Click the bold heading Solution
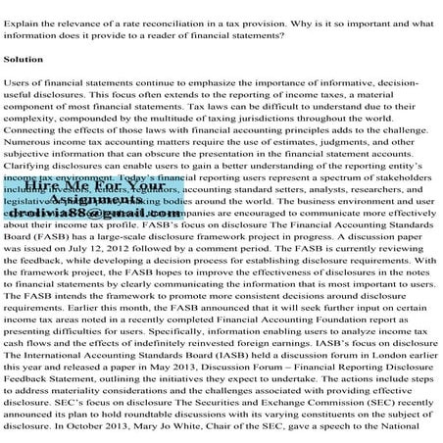(x=24, y=60)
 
